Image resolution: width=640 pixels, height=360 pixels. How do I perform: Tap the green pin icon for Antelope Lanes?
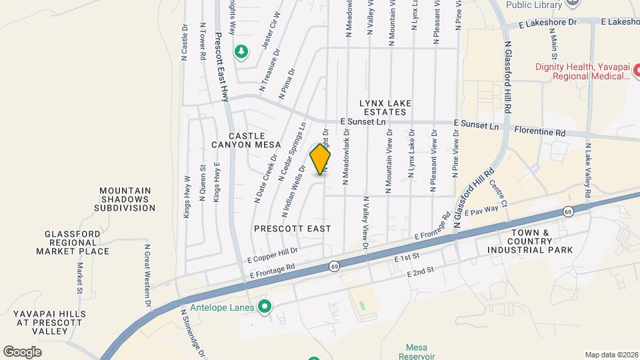pos(265,307)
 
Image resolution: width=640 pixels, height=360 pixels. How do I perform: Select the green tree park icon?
pos(241,51)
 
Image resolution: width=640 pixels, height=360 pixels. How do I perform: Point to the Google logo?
pos(22,351)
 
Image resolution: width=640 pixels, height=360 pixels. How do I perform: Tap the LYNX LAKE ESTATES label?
pos(385,107)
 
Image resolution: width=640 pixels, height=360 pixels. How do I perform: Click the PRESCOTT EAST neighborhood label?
pos(293,228)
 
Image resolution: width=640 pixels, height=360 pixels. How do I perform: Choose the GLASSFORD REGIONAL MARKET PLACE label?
pos(77,243)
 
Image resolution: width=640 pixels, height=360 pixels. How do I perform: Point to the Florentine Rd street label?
pos(539,133)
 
